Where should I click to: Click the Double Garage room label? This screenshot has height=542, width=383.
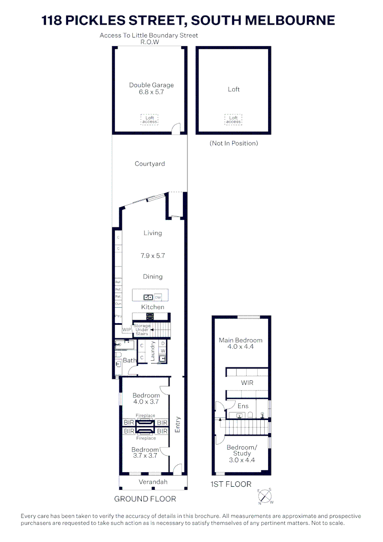(x=151, y=85)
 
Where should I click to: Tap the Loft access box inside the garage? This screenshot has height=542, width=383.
(x=149, y=120)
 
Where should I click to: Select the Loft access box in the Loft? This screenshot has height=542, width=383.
(x=233, y=120)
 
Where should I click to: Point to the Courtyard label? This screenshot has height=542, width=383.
(x=149, y=164)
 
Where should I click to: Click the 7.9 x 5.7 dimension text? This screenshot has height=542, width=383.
(x=152, y=256)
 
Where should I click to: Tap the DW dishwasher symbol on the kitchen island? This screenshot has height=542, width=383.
(x=157, y=298)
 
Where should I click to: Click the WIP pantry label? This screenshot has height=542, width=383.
(x=127, y=330)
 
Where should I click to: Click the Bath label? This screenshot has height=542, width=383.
(x=129, y=360)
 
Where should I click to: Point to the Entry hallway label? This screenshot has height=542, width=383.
(x=177, y=425)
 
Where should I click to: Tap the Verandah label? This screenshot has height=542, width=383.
(x=153, y=482)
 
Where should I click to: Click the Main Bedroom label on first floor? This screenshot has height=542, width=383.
(x=241, y=340)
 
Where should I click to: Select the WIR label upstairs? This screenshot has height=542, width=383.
(x=247, y=383)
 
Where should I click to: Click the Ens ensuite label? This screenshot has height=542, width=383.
(x=243, y=406)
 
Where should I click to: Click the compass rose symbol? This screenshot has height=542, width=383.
(x=264, y=496)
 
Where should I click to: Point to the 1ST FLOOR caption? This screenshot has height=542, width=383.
(x=232, y=484)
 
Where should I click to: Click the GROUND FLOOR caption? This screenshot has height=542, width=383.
(x=145, y=499)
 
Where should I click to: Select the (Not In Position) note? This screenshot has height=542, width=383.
(x=234, y=144)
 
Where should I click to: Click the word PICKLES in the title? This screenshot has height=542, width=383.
(x=104, y=20)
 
